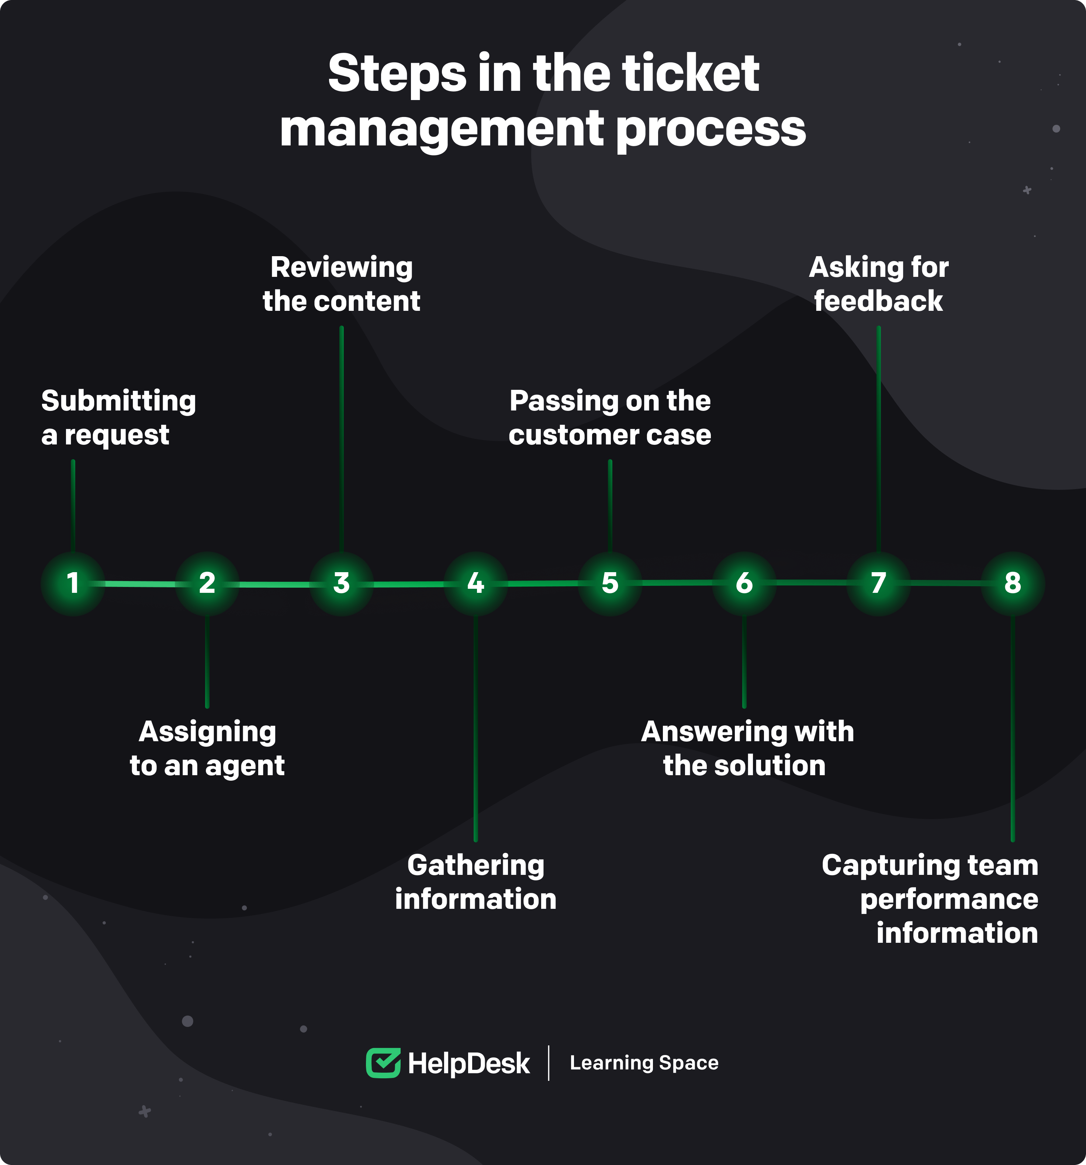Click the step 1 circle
point(73,583)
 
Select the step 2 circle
point(207,583)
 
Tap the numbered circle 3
point(342,583)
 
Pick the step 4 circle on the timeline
point(475,583)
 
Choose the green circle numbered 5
point(610,583)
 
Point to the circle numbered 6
point(744,583)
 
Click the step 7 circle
point(878,583)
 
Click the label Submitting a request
point(118,417)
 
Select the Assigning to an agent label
point(207,748)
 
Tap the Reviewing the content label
point(342,284)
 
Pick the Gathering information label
point(475,882)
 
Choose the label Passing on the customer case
point(610,417)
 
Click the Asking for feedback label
point(879,284)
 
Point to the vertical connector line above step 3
point(342,440)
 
